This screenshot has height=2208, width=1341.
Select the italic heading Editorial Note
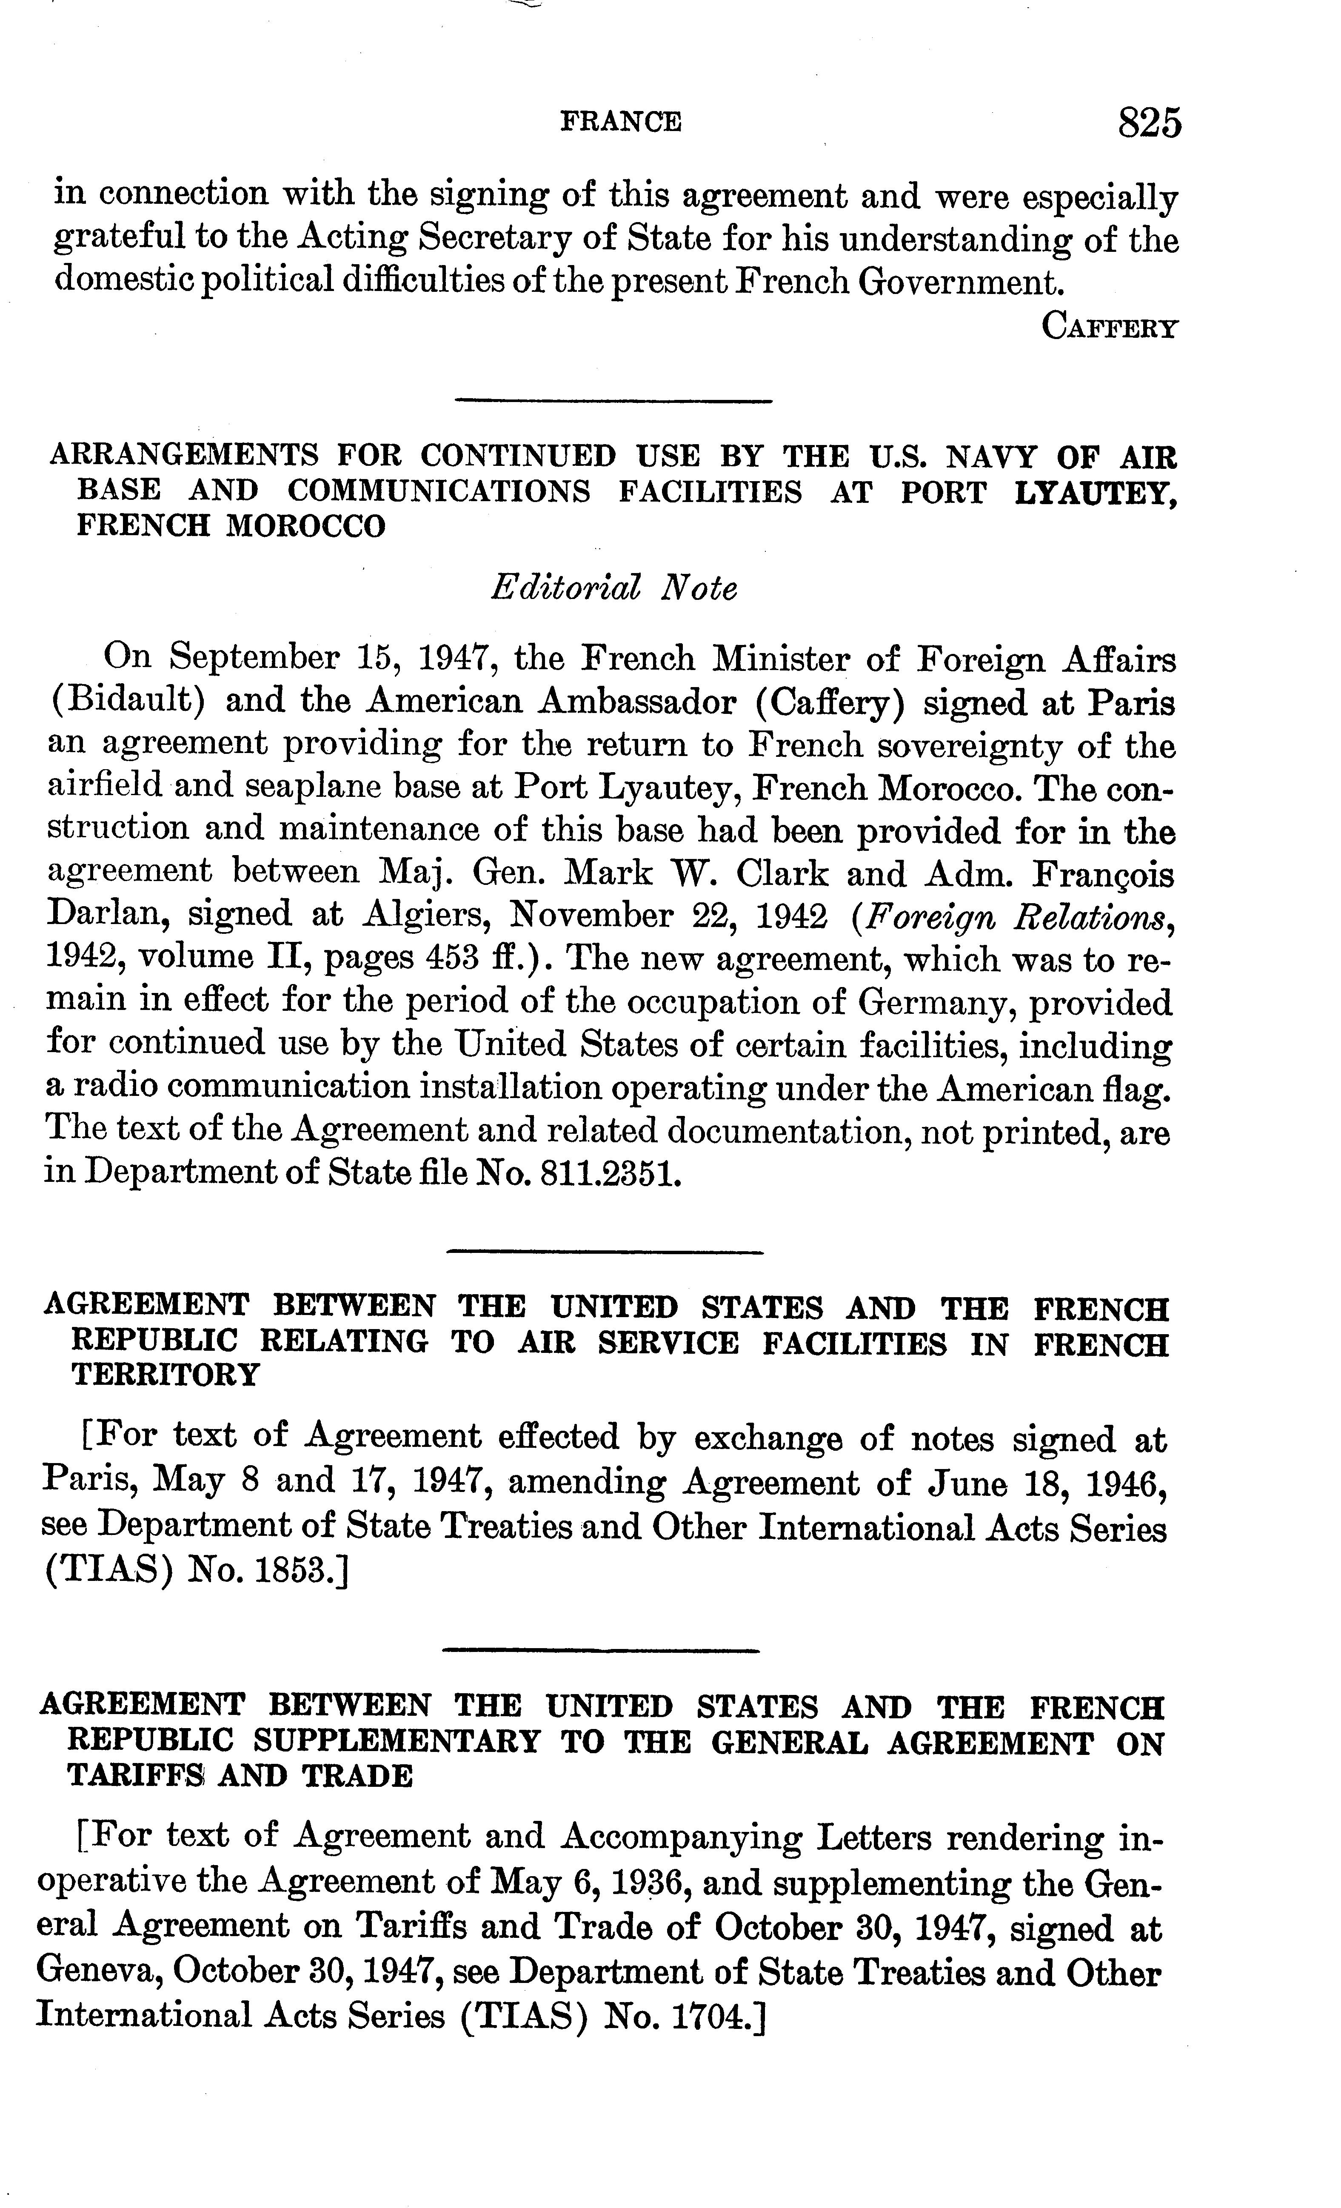(614, 589)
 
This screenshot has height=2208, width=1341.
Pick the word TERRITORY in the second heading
(165, 1375)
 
